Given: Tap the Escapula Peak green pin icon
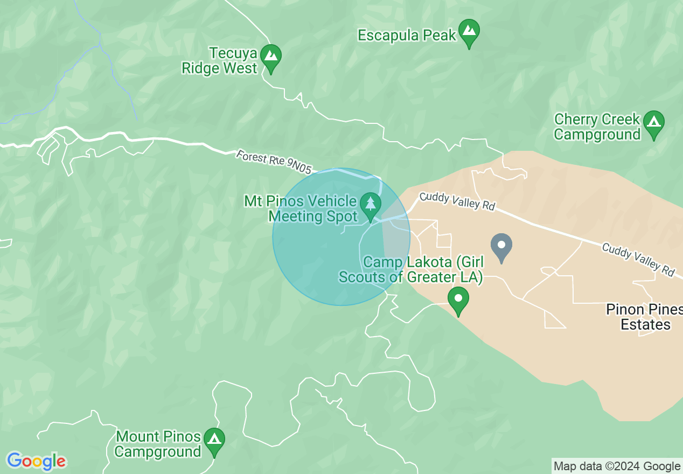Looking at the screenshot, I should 469,32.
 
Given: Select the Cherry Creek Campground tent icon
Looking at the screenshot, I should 654,123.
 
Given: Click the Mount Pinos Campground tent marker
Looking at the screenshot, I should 214,441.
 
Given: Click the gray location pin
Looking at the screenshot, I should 501,247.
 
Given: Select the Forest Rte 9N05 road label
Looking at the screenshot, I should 274,162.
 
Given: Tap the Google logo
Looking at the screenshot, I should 37,461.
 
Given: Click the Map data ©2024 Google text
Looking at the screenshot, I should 617,466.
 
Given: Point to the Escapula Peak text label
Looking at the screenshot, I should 407,36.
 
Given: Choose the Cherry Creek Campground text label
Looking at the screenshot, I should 597,127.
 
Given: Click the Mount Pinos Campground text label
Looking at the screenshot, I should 158,444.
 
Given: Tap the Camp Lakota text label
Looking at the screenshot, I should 410,270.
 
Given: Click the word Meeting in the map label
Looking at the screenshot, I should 297,217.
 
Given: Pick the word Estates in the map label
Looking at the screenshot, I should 645,325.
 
